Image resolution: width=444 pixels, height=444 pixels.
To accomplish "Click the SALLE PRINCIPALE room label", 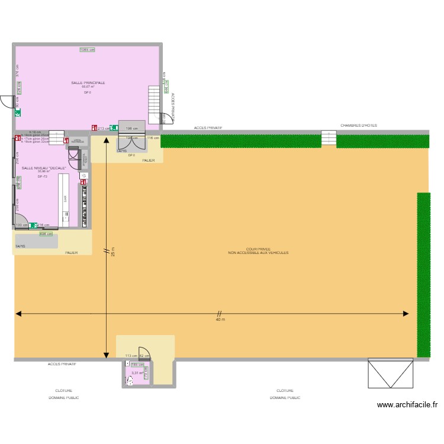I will pyautogui.click(x=88, y=83).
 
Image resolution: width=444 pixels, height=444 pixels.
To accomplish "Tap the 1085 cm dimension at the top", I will pyautogui.click(x=88, y=50).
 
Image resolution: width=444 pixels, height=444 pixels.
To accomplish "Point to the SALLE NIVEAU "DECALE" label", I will pyautogui.click(x=44, y=168).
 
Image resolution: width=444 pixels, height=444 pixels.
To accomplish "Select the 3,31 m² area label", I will pyautogui.click(x=135, y=373).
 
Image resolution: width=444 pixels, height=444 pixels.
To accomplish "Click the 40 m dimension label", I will pyautogui.click(x=220, y=320).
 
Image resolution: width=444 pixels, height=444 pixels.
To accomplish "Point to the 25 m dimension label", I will pyautogui.click(x=112, y=252).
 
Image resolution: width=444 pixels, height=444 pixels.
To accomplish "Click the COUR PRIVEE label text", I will pyautogui.click(x=258, y=249).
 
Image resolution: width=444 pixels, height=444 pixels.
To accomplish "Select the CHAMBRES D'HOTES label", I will pyautogui.click(x=358, y=126).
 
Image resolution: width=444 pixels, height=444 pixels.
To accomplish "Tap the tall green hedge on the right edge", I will pyautogui.click(x=423, y=275).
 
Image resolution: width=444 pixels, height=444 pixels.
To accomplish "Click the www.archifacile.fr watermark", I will pyautogui.click(x=407, y=406).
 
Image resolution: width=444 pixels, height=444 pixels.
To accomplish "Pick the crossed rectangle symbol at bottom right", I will pyautogui.click(x=390, y=373).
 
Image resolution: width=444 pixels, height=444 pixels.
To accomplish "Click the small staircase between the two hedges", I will pyautogui.click(x=329, y=139).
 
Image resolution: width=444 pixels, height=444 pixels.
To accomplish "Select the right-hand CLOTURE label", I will pyautogui.click(x=285, y=391).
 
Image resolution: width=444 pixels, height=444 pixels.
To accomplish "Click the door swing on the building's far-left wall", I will pyautogui.click(x=7, y=102).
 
